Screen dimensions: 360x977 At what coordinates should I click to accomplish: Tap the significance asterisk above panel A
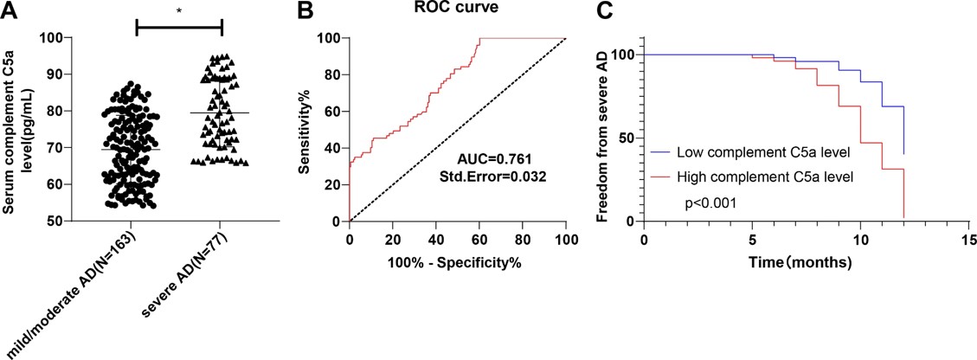click(179, 11)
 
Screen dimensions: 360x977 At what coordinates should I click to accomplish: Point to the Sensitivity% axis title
click(305, 130)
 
